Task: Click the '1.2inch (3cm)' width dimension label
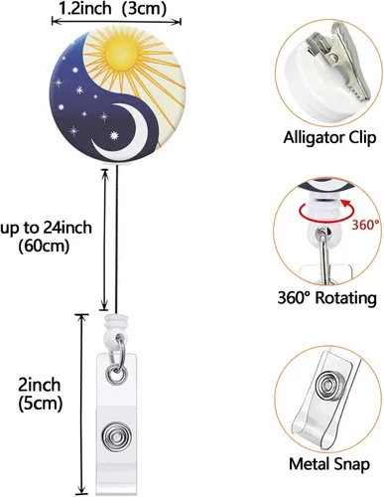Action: pos(112,9)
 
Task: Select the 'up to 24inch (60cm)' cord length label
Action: pos(47,237)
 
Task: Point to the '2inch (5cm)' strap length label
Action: pos(40,395)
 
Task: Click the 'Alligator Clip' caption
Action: pos(329,137)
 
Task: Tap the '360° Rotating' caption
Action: pos(326,298)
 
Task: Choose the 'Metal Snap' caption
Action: pos(329,464)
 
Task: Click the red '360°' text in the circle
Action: pos(365,226)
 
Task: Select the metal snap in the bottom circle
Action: pos(326,387)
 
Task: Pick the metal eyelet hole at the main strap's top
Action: pos(116,375)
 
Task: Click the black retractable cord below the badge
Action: pos(117,239)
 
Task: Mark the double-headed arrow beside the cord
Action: pos(104,240)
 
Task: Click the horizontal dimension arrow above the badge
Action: pos(116,22)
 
